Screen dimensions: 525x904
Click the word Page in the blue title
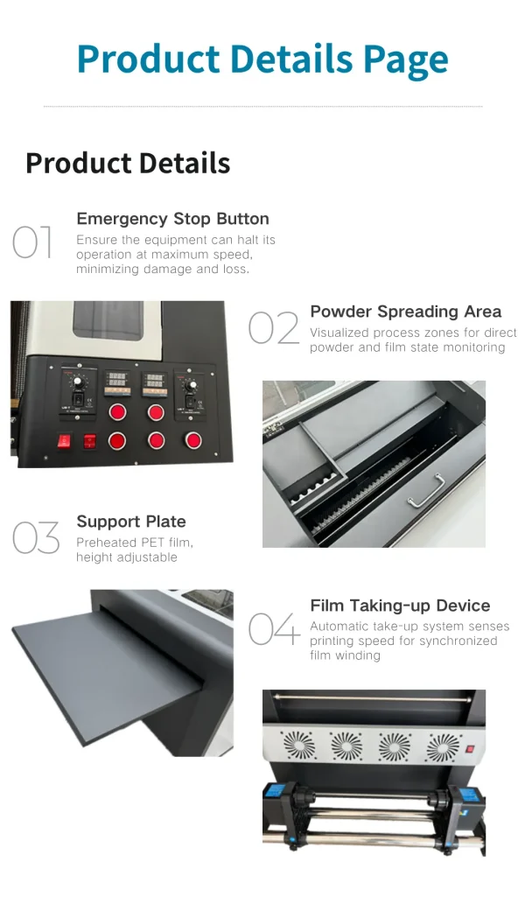405,60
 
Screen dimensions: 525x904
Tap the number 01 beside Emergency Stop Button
32,242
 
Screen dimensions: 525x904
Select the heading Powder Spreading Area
406,312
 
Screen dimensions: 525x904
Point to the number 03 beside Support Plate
36,537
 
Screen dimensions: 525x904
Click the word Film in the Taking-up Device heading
328,606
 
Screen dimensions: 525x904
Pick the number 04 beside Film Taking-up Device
275,628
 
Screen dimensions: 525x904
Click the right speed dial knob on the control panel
192,384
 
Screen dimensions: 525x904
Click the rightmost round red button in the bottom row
193,440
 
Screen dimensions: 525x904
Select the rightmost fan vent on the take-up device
443,747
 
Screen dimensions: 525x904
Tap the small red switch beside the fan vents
470,749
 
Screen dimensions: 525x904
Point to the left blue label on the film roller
275,792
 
